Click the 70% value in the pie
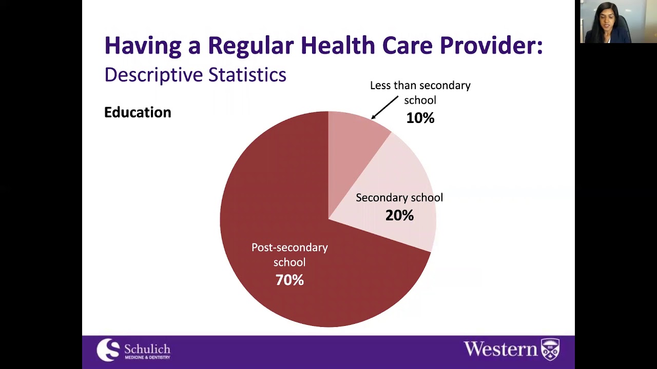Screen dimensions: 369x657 tap(289, 280)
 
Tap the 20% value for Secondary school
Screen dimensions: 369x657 tap(399, 215)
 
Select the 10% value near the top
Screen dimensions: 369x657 tap(420, 118)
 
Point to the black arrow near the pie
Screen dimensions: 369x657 tap(384, 107)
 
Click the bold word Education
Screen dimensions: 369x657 tap(138, 113)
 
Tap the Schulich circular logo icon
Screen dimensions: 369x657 tap(108, 350)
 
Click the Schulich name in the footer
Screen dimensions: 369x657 tap(147, 350)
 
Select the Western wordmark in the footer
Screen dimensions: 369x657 tap(500, 349)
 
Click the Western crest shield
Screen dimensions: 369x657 tap(550, 350)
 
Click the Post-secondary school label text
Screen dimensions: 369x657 tap(289, 255)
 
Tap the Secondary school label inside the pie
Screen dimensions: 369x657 tap(399, 198)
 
